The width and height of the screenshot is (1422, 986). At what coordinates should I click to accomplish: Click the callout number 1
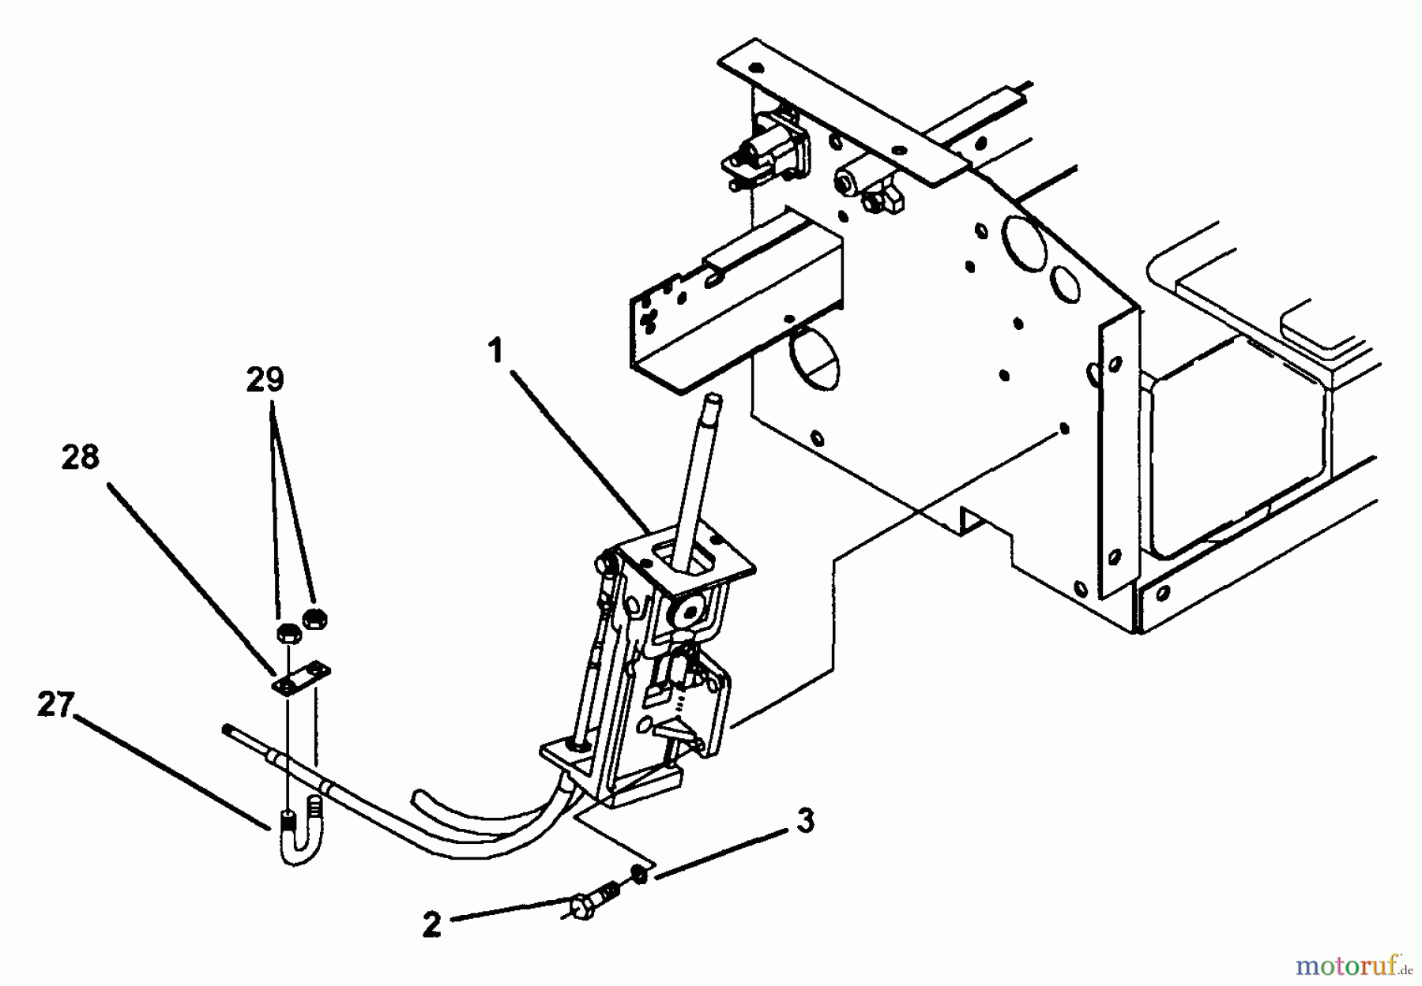coord(495,351)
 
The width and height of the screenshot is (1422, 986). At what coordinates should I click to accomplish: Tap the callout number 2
coord(431,925)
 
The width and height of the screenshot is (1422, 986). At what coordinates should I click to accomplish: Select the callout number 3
coord(804,821)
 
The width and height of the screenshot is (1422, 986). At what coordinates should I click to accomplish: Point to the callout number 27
coord(55,705)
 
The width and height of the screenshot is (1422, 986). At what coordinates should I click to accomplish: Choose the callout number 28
coord(81,457)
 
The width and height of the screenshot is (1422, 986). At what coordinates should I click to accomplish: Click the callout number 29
coord(265,381)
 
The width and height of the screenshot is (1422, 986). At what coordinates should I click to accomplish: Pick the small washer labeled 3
coord(638,875)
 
